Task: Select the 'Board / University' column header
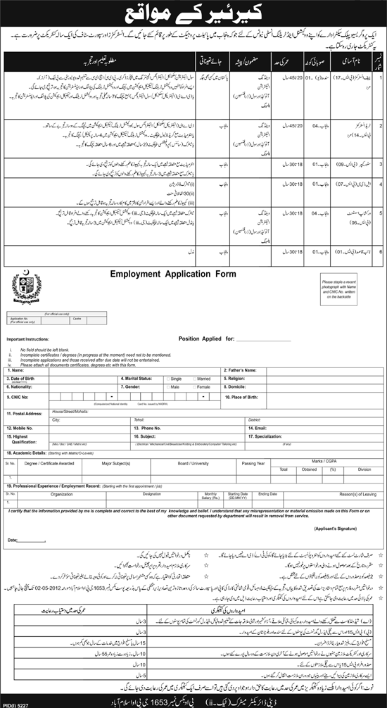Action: coord(193,463)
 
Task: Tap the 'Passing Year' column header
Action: coord(253,463)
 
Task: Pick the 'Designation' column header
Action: coord(151,494)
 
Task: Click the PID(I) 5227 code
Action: coord(18,703)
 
